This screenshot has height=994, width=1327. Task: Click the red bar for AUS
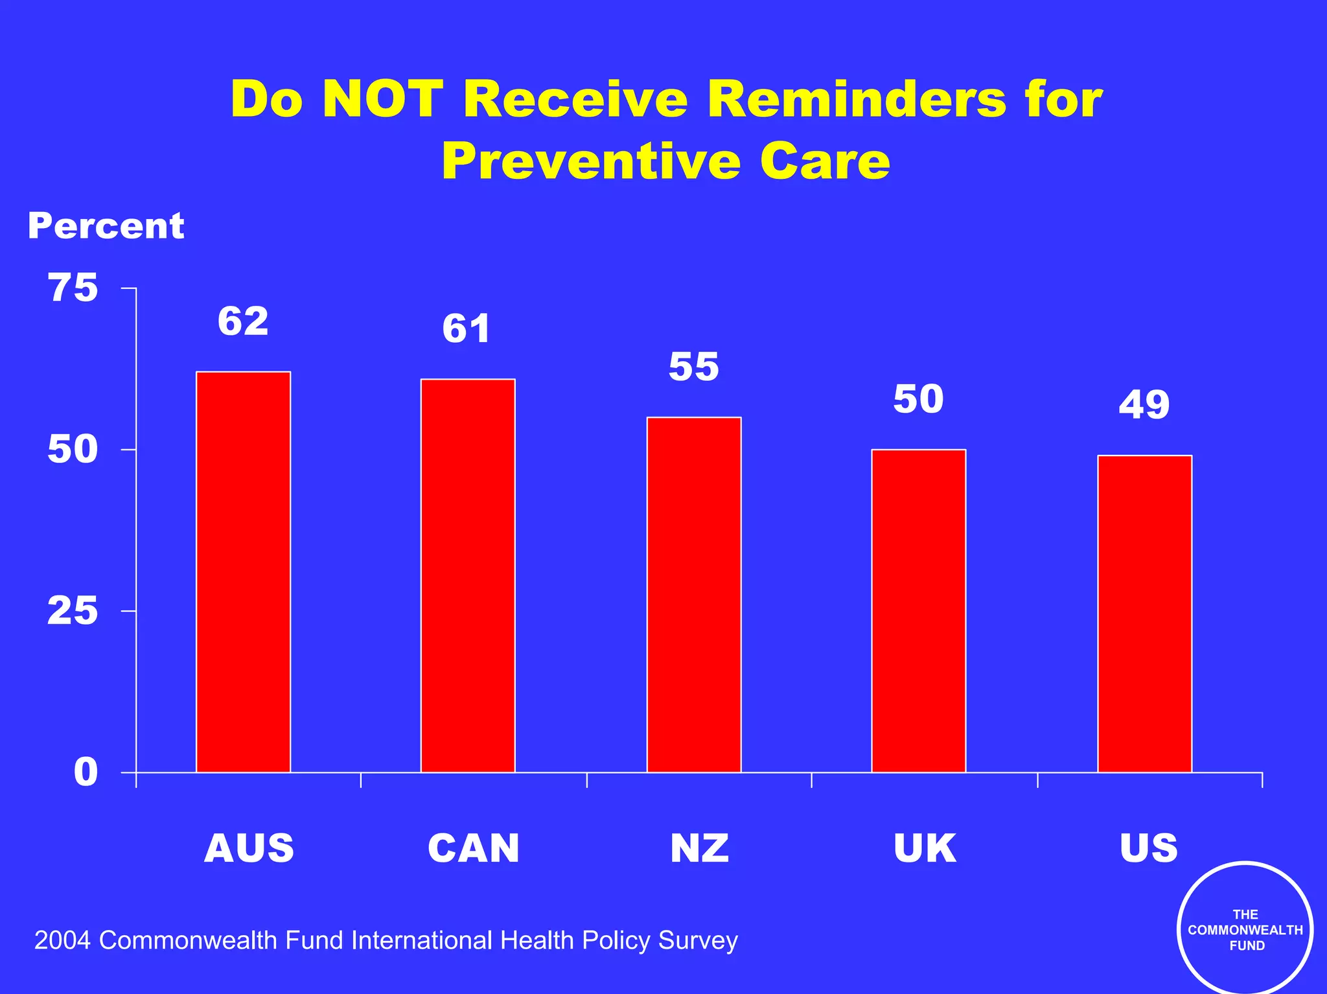tap(243, 572)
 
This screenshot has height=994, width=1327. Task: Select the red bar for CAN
tap(468, 575)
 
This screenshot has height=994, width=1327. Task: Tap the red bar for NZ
tap(694, 594)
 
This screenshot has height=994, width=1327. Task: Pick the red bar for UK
tap(919, 610)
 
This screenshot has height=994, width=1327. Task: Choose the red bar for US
tap(1144, 614)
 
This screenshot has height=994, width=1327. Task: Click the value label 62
tap(243, 321)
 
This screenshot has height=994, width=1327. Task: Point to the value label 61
tap(467, 329)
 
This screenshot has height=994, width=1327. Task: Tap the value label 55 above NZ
tap(694, 367)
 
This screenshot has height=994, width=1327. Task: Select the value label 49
tap(1144, 405)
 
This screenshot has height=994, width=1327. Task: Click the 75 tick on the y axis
tap(73, 288)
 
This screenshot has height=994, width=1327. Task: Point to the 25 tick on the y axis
tap(73, 610)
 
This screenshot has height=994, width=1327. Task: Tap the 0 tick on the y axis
tap(86, 772)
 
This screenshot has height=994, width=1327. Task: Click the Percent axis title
tap(106, 226)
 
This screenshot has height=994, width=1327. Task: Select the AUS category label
tap(249, 848)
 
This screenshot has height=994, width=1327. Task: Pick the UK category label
tap(925, 848)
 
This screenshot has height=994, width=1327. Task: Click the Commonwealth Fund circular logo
tap(1245, 929)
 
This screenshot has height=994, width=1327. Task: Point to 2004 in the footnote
tap(62, 940)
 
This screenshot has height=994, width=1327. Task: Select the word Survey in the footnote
tap(698, 940)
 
